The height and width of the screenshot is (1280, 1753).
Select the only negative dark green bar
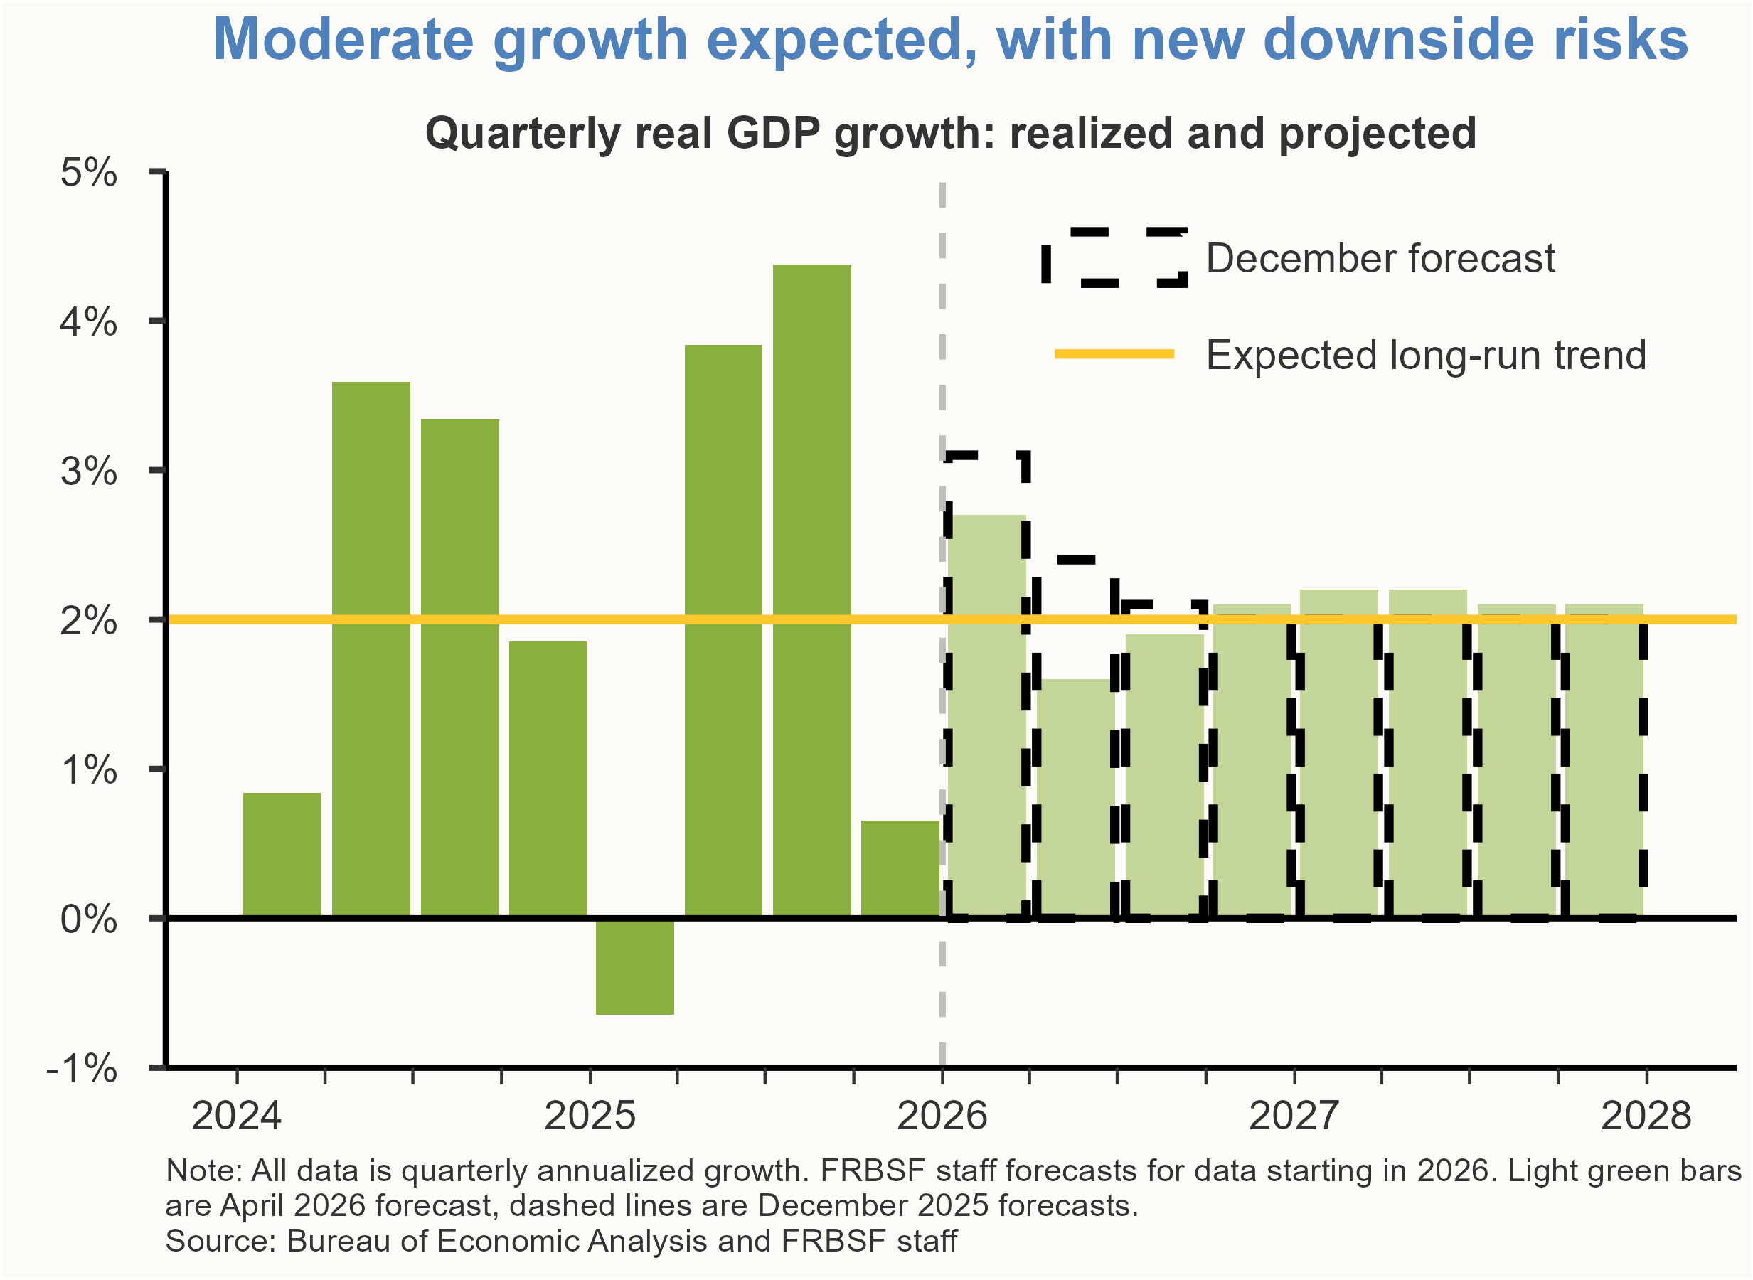point(634,967)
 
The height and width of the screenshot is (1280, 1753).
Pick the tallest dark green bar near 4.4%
point(812,589)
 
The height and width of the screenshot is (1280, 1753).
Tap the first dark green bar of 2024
point(282,855)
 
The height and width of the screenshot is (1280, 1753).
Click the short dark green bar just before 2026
point(900,868)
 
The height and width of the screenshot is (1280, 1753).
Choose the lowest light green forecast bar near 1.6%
point(1075,798)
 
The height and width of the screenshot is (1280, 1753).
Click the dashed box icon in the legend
point(1114,258)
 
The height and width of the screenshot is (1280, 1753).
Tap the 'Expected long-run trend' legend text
point(1425,356)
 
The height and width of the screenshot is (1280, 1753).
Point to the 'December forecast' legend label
point(1380,259)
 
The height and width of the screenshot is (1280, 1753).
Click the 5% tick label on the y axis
point(88,173)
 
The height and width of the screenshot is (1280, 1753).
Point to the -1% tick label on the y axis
point(82,1069)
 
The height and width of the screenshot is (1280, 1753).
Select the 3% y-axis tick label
point(88,471)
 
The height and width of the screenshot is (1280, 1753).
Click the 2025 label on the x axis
point(590,1116)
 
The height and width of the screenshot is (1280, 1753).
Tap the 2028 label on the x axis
point(1646,1116)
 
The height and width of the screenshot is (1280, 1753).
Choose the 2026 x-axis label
point(942,1116)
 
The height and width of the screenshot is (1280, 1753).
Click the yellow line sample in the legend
point(1114,354)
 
